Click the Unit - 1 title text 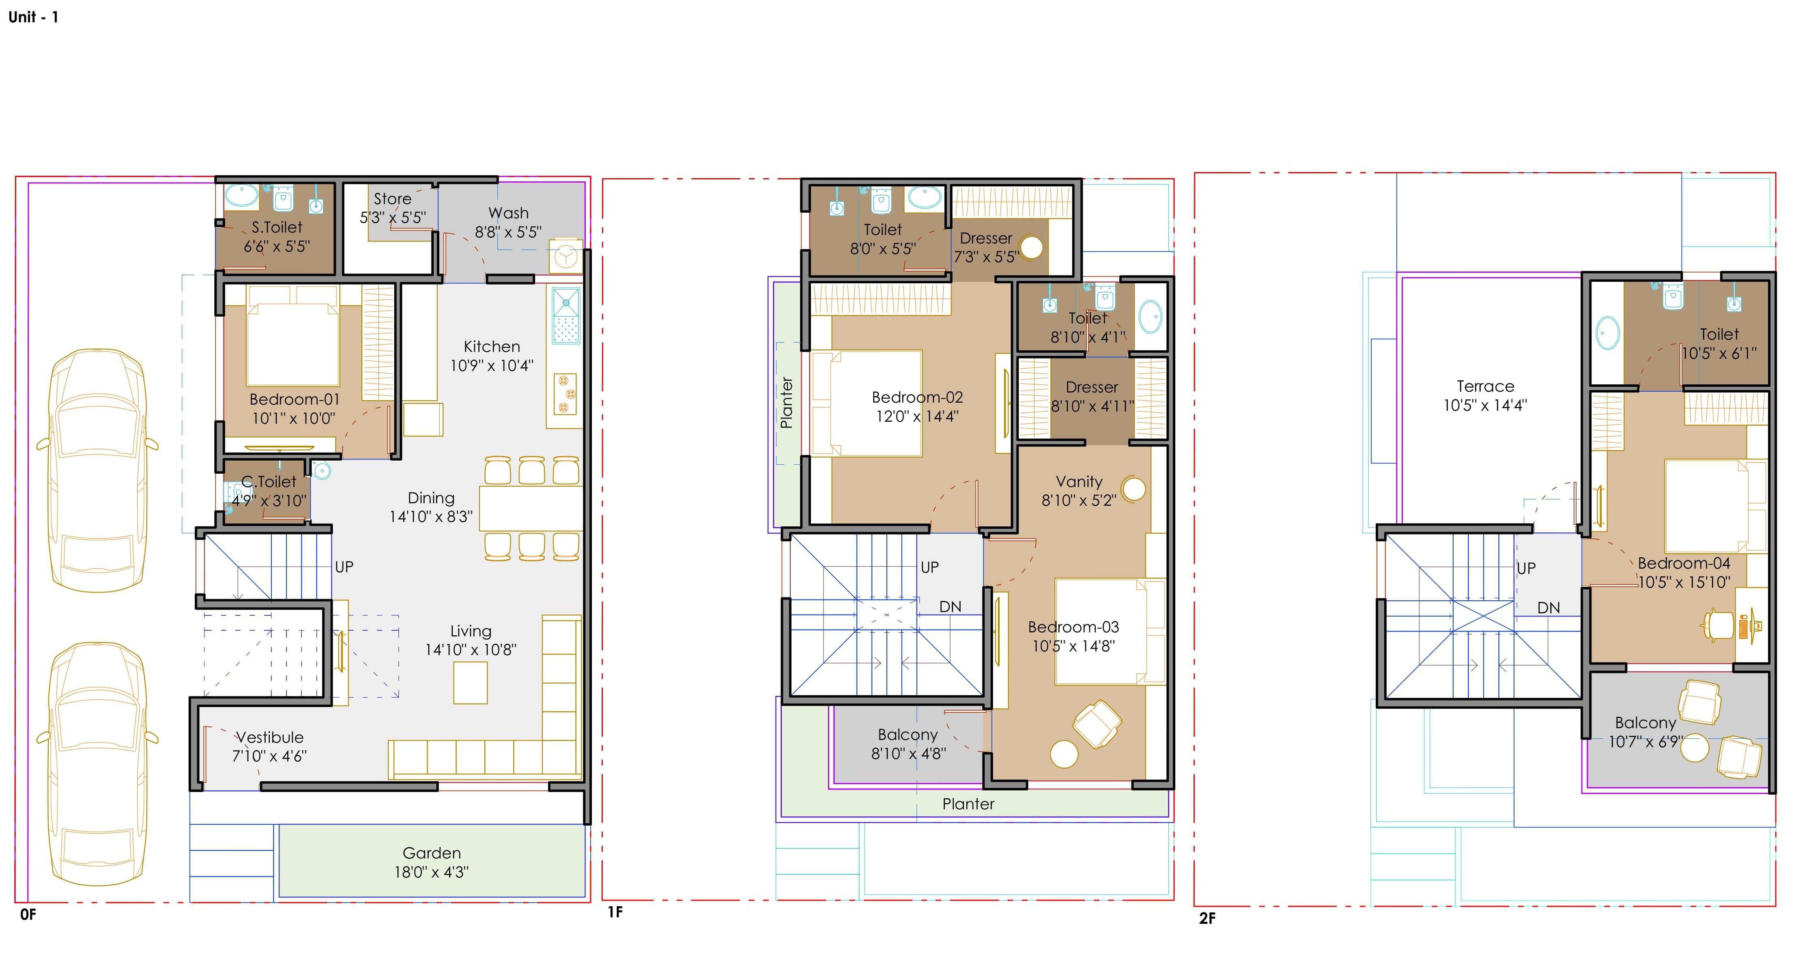[34, 17]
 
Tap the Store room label [392, 199]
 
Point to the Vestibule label [269, 737]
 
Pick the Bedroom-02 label [917, 397]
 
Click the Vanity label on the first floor [1079, 482]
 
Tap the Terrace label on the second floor [1485, 386]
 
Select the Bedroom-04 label [1684, 563]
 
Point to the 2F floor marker [1207, 918]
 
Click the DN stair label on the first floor [950, 607]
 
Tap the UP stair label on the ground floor [344, 566]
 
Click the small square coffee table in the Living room [471, 682]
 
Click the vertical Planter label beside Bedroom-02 [787, 403]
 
